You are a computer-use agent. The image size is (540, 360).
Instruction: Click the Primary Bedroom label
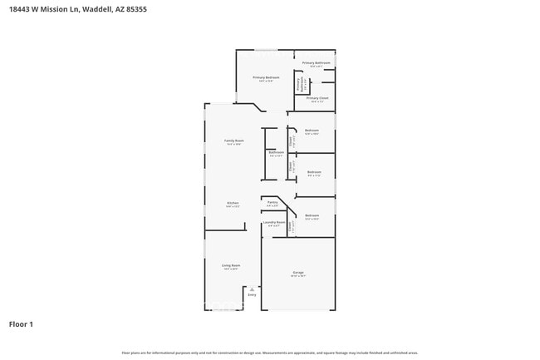[x=266, y=78]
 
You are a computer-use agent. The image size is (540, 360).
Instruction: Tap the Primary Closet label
[x=317, y=98]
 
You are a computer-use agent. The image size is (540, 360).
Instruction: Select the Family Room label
[x=234, y=141]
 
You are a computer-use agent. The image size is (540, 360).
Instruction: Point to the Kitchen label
[x=233, y=203]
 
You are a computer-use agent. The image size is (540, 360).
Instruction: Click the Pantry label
[x=272, y=202]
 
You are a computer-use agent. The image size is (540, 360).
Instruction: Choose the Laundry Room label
[x=274, y=222]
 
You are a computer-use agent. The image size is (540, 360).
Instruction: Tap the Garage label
[x=298, y=273]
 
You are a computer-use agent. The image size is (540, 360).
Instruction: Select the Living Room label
[x=230, y=266]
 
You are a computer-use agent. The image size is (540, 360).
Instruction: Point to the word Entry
[x=253, y=295]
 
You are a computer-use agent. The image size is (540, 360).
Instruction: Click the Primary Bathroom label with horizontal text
[x=316, y=63]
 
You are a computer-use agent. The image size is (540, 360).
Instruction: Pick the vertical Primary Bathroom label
[x=299, y=82]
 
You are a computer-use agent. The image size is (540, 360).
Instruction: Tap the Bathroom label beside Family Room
[x=276, y=152]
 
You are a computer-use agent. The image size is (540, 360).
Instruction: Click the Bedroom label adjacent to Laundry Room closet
[x=312, y=215]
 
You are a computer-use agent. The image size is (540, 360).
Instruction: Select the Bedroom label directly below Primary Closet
[x=312, y=131]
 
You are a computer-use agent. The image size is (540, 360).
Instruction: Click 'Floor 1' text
[x=21, y=323]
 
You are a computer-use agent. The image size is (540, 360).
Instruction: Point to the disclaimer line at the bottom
[x=270, y=353]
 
